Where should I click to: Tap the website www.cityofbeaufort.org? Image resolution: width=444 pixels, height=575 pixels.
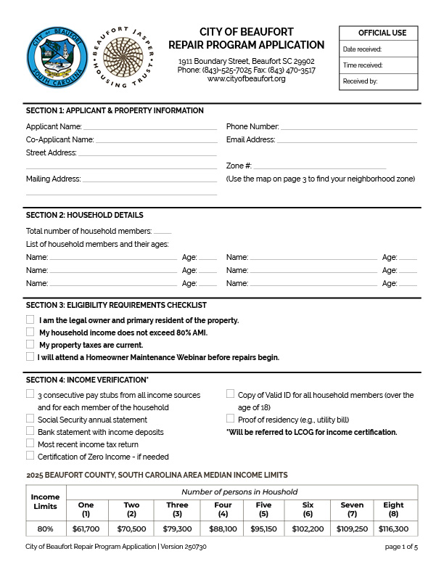(x=246, y=78)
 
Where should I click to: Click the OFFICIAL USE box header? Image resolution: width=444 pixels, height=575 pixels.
(x=378, y=33)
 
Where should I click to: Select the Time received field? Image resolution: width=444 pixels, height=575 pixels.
(x=378, y=65)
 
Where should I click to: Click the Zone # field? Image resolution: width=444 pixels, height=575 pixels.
(x=319, y=166)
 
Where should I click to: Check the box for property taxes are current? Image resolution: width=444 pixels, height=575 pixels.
(x=30, y=344)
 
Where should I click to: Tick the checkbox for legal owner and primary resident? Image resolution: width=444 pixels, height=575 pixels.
(x=30, y=319)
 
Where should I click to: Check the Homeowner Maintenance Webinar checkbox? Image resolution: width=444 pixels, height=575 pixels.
(x=30, y=356)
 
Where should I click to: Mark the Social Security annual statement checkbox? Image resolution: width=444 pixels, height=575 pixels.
(x=30, y=419)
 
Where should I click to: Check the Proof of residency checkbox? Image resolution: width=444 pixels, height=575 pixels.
(x=231, y=419)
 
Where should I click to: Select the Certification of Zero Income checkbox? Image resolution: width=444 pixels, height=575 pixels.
(x=30, y=456)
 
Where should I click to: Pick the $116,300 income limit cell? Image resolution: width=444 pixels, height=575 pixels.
(x=393, y=529)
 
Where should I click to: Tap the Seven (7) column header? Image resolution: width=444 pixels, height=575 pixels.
(x=353, y=509)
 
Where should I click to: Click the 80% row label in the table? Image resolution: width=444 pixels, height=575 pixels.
(x=45, y=529)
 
